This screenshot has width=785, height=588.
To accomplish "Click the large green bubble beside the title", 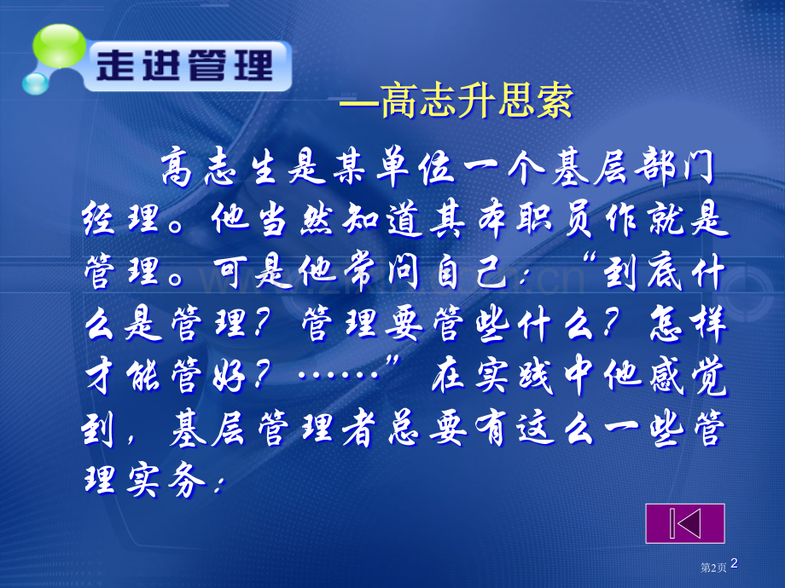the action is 59,46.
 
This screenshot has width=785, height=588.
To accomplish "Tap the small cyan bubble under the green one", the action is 35,84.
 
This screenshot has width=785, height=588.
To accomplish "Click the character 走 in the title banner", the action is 115,66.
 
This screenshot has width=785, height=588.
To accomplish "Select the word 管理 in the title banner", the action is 230,66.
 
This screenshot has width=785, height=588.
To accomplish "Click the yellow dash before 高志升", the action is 359,103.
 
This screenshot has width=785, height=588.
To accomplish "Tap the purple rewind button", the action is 685,523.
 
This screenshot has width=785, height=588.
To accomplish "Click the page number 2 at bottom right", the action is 734,563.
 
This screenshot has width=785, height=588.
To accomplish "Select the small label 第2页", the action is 713,567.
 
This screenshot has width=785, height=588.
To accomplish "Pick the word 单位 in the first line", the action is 415,166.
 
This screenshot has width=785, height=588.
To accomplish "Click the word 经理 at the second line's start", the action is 121,218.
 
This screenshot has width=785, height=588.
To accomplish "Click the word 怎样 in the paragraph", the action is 689,324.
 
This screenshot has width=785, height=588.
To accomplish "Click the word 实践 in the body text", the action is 513,376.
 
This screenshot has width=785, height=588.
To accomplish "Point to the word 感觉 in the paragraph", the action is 689,376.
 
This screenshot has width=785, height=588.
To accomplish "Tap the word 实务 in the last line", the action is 166,480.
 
